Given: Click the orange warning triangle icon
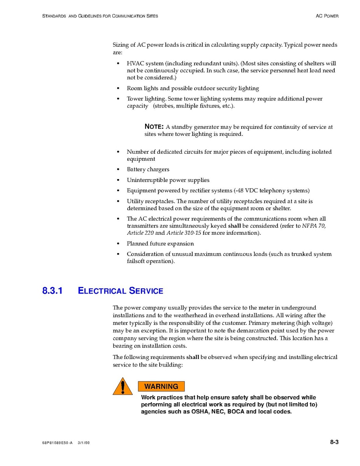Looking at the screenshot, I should [x=123, y=387].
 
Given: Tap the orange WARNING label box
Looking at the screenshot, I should [x=161, y=386].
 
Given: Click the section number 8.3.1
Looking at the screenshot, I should [x=53, y=291].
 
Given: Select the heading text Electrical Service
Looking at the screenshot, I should [x=121, y=291].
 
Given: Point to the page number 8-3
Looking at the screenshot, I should [x=334, y=442].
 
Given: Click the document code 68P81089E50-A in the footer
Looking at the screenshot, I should [x=57, y=443].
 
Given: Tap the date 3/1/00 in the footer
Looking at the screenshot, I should [x=84, y=443].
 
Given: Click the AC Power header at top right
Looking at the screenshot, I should [x=327, y=16].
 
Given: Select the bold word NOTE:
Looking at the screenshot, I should [x=154, y=127].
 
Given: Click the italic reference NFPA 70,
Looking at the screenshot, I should [x=314, y=226].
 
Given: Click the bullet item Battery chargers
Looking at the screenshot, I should [x=148, y=169].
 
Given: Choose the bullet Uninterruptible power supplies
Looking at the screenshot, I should [x=168, y=180].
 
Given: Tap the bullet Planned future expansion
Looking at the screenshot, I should [x=160, y=244].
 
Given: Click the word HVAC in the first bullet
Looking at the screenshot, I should [x=135, y=63].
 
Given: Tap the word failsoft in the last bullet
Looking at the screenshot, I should [x=136, y=261].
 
